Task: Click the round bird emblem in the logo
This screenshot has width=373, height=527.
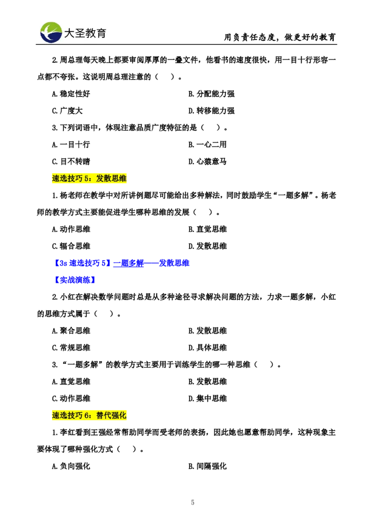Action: pos(51,32)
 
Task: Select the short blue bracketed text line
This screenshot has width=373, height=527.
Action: pos(75,280)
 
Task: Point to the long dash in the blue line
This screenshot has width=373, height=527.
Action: pos(151,263)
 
